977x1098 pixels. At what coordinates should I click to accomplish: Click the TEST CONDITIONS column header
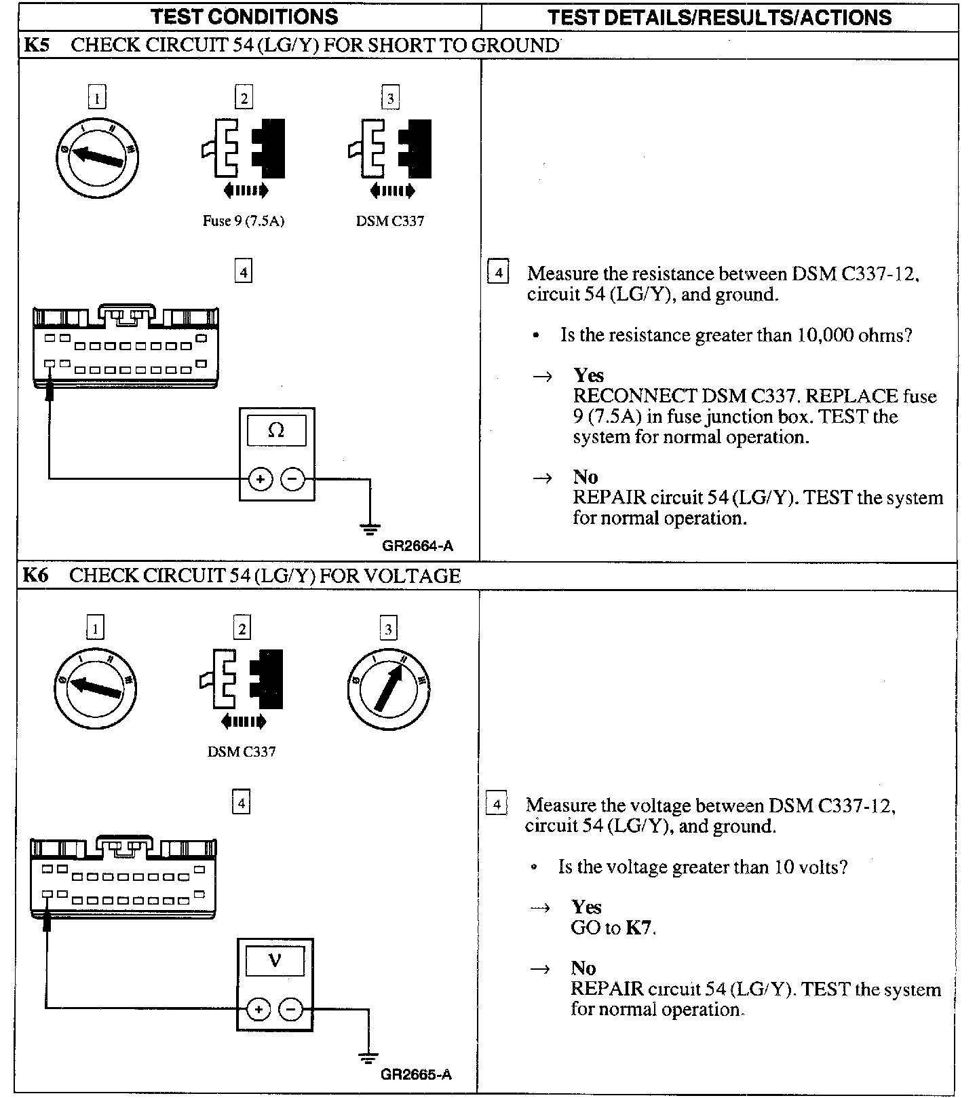pos(244,17)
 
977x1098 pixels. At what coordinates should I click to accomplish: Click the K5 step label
pos(35,45)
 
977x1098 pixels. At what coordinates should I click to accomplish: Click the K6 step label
pos(35,576)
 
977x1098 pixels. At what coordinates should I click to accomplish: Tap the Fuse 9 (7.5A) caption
pos(243,221)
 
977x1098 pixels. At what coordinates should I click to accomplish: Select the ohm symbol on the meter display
pos(276,430)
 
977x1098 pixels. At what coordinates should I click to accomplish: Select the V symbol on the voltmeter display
pos(274,961)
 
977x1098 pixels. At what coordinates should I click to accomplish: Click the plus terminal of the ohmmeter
pos(260,479)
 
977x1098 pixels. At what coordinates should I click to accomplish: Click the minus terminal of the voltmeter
pos(290,1009)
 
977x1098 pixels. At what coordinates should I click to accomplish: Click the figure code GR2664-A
pos(417,546)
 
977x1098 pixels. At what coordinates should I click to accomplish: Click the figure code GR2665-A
pos(416,1075)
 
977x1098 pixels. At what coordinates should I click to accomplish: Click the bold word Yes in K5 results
pos(588,375)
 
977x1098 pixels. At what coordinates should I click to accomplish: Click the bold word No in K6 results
pos(583,968)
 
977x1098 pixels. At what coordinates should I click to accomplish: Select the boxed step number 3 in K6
pos(388,629)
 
